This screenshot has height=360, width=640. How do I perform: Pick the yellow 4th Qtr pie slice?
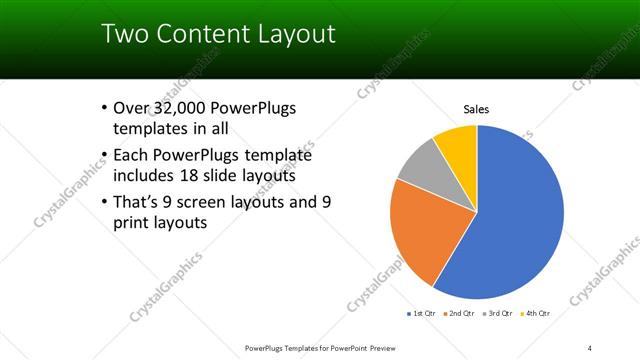point(458,142)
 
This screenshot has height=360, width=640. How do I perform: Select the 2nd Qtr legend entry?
point(461,314)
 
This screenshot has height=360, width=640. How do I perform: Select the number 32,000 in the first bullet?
point(182,108)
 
